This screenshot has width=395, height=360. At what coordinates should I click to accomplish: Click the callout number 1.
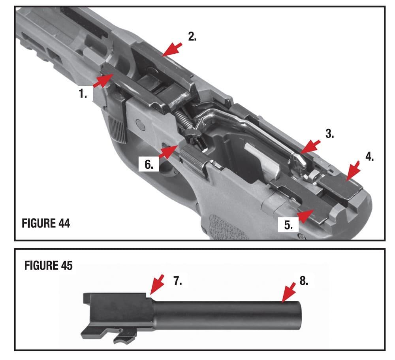click(82, 94)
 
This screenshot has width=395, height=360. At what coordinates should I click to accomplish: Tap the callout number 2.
click(192, 37)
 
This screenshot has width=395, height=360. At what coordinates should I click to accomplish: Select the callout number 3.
click(329, 134)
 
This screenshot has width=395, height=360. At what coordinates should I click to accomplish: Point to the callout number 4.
click(369, 157)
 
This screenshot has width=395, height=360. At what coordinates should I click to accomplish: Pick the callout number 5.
click(288, 225)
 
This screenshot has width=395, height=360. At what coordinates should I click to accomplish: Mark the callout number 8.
click(303, 281)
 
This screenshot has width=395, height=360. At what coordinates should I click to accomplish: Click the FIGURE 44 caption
click(46, 223)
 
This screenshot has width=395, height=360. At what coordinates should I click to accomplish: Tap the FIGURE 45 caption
click(49, 266)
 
